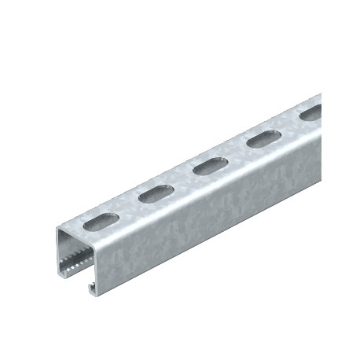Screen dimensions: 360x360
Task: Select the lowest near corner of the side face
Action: (x=100, y=297)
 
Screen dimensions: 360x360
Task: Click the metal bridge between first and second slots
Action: (x=130, y=207)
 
